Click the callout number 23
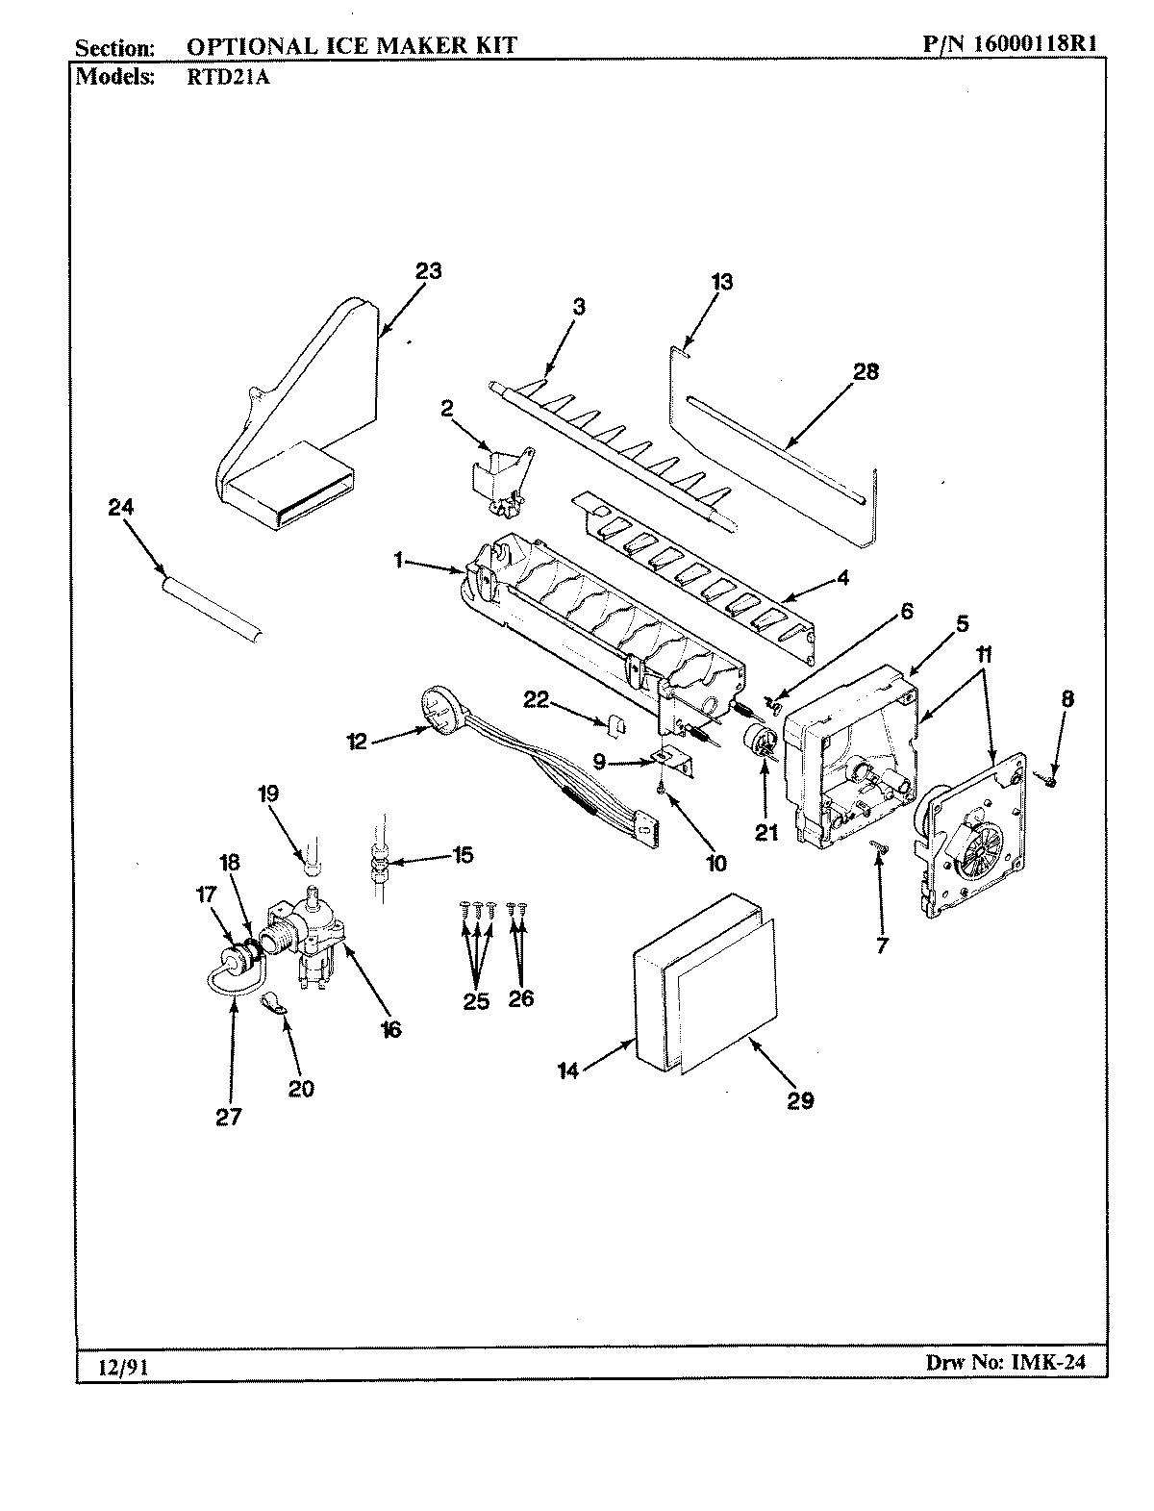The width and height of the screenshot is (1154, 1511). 429,271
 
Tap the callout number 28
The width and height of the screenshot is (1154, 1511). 865,372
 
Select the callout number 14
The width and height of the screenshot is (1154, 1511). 569,1070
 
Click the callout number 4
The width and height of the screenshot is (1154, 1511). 842,579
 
